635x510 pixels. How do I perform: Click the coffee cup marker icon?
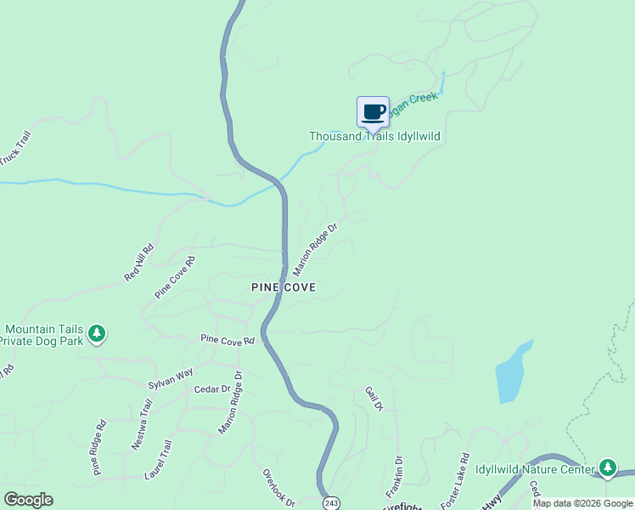click(x=373, y=112)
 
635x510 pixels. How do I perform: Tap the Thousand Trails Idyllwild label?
click(x=374, y=136)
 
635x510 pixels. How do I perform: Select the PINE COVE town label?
click(x=284, y=287)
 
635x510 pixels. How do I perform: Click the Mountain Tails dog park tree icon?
click(x=98, y=333)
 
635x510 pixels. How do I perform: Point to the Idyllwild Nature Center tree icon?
click(x=607, y=467)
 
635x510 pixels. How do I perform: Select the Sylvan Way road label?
click(x=171, y=378)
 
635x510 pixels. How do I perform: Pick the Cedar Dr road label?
click(x=212, y=389)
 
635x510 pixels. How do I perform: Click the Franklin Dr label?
click(x=398, y=477)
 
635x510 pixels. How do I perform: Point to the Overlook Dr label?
click(x=278, y=488)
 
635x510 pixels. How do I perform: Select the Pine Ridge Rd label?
click(x=98, y=446)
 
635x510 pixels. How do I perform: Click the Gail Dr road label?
click(x=374, y=399)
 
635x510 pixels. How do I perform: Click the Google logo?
click(x=28, y=500)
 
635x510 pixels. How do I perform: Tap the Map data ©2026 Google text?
click(x=582, y=503)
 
